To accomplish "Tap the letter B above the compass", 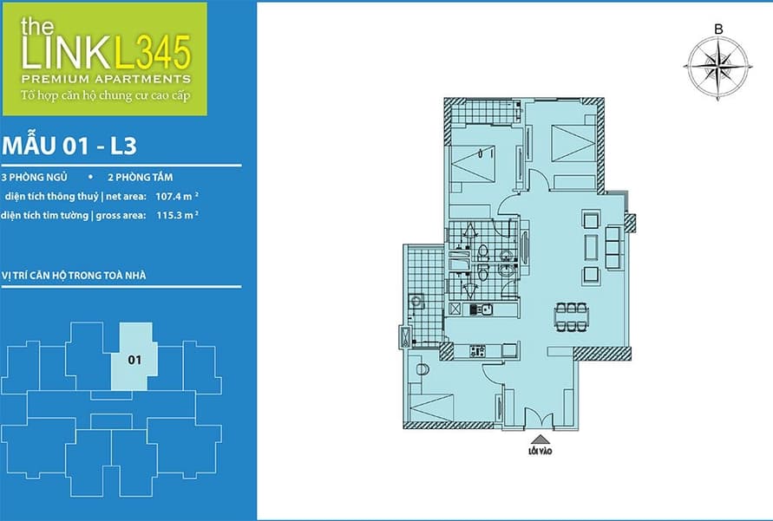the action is (718, 29).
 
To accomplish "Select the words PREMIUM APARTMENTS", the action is (106, 78).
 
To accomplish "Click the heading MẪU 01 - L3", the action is (69, 147).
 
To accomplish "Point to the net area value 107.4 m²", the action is (177, 196).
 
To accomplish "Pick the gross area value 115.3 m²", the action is (178, 215).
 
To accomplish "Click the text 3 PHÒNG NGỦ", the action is (35, 177).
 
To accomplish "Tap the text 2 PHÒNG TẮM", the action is (141, 177).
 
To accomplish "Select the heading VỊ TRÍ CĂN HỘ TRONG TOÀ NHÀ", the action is (74, 276).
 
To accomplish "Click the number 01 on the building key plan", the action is (134, 360).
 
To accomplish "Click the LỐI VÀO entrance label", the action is (540, 451).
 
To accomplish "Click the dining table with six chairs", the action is (572, 316).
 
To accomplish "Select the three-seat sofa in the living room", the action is (613, 247).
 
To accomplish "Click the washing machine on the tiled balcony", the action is (416, 301).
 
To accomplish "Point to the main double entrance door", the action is (540, 418).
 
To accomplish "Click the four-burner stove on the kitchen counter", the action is (478, 351).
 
